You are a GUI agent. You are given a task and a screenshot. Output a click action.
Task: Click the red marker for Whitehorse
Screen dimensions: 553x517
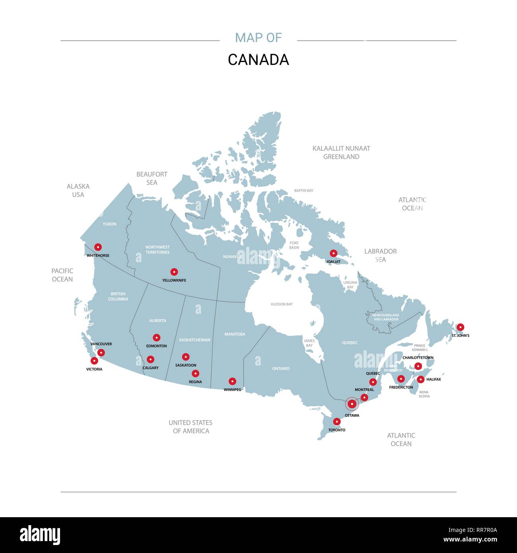coord(98,247)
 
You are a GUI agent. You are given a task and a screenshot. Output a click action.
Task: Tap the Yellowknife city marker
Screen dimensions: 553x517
coord(174,272)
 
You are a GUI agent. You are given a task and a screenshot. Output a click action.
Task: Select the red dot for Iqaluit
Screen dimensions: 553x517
coord(334,253)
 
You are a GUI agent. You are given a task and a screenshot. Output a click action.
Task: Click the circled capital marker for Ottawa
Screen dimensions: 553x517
coord(352,404)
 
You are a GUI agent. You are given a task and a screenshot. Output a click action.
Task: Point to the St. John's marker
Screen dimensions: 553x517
coord(460,327)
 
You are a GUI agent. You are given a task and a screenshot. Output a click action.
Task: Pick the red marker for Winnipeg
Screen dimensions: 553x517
coord(232,382)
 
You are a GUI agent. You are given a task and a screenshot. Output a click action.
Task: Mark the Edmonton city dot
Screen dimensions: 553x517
coord(157,338)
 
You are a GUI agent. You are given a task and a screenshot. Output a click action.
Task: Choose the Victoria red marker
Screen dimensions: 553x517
coord(94,361)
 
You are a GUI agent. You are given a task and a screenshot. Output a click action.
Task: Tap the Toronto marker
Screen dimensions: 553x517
coord(337,422)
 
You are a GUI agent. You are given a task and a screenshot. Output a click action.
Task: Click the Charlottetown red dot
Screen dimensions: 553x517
coord(418,366)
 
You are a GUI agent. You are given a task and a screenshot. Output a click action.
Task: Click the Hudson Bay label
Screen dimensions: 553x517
coord(282,304)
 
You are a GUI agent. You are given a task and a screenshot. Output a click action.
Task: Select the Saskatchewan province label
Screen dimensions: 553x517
coord(194,340)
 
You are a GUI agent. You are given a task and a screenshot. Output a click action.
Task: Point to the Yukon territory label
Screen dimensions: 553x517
coord(110,224)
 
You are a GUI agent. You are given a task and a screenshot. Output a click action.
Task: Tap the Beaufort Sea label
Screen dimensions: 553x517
coord(152,178)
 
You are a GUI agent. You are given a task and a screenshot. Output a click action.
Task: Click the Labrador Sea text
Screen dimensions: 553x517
coord(381,255)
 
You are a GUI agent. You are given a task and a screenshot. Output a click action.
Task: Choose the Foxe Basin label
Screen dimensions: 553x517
coord(294,245)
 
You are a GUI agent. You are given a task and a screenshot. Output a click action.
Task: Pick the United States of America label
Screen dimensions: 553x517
coord(190,426)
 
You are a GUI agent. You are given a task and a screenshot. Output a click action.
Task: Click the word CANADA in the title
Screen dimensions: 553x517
coord(258,60)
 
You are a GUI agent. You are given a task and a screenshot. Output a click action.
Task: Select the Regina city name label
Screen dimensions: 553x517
coord(195,382)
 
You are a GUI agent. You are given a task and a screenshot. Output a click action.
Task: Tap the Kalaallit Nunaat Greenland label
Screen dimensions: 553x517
coord(341,152)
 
